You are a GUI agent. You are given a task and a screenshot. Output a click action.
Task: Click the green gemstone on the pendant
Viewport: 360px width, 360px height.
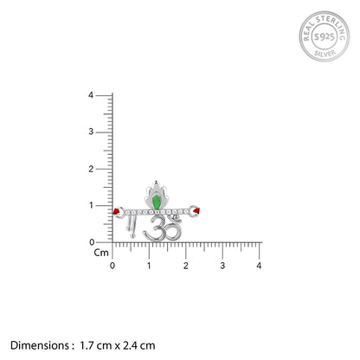157,202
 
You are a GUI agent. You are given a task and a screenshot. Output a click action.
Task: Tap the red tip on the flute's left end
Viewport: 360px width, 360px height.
117,211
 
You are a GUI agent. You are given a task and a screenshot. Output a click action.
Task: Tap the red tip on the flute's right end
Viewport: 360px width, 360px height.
196,211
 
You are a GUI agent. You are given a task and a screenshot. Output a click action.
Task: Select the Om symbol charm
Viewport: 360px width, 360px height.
163,228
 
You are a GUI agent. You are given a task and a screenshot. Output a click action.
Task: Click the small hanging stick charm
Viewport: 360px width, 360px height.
132,228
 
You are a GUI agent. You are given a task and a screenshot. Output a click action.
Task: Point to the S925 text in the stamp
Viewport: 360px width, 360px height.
325,37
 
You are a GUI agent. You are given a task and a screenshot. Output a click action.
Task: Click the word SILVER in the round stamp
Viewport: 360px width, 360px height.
325,54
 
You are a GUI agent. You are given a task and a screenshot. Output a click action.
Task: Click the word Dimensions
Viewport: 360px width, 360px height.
40,345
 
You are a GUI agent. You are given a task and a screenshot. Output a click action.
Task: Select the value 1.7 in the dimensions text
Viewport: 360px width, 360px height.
87,345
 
